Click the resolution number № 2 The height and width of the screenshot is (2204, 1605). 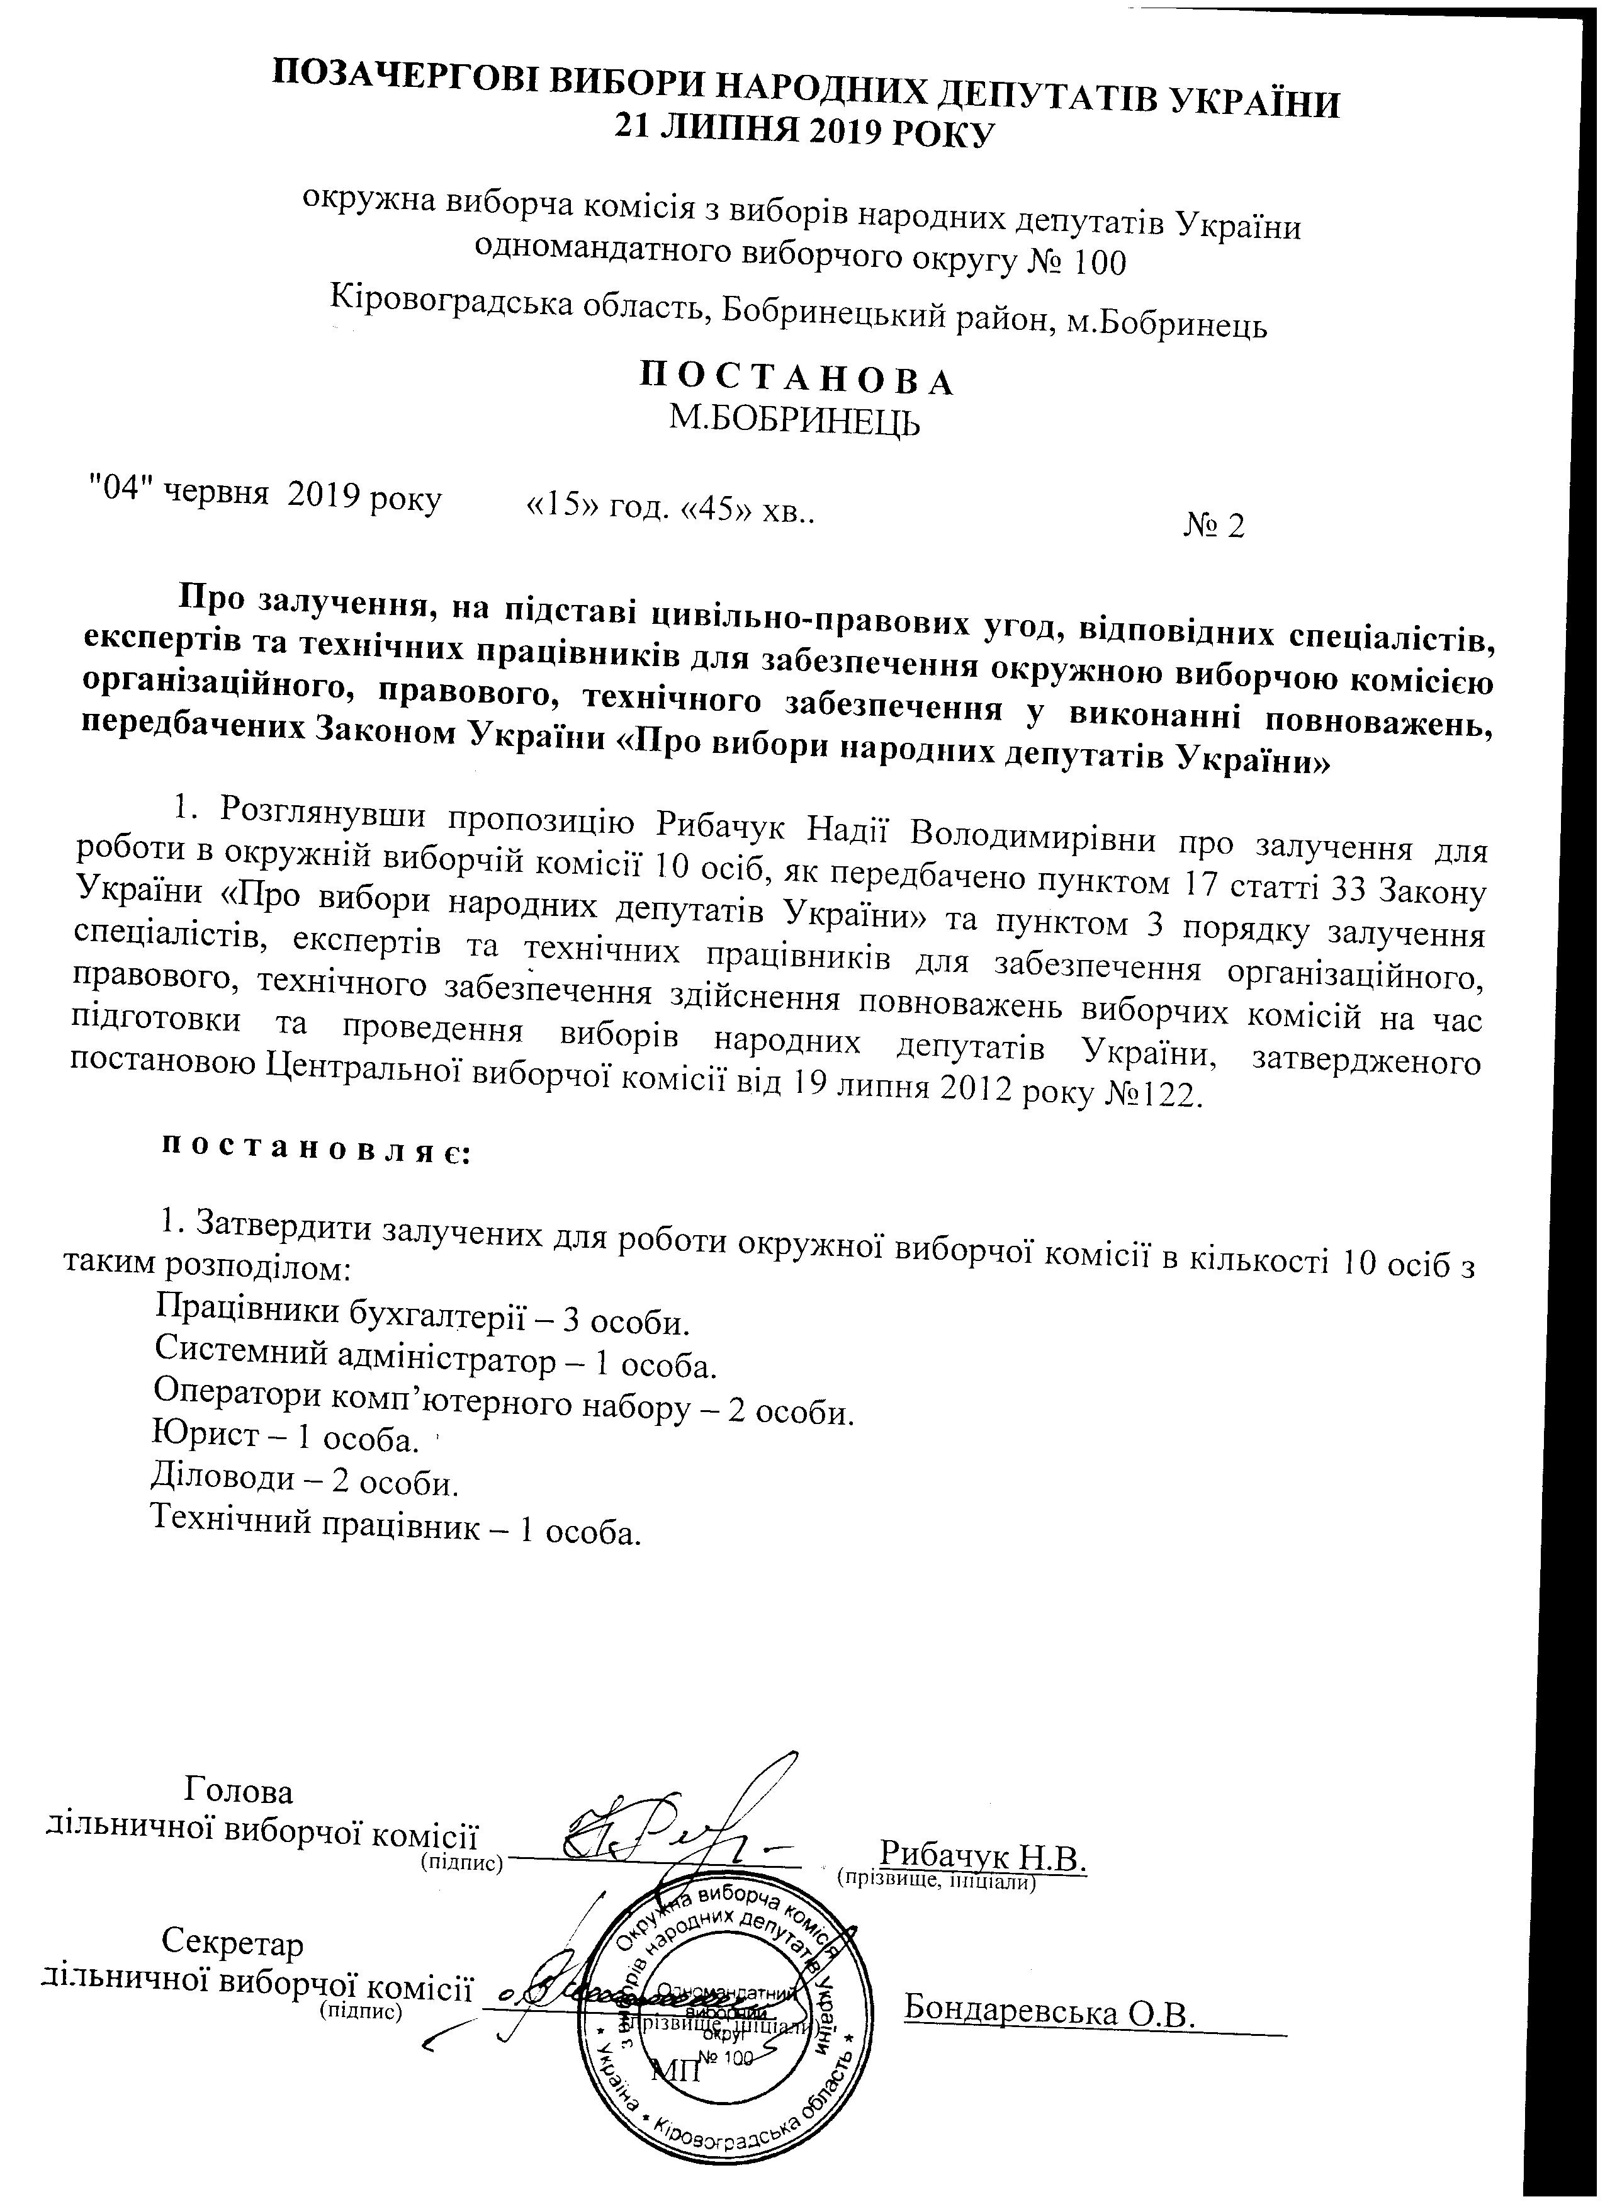[x=1214, y=526]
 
